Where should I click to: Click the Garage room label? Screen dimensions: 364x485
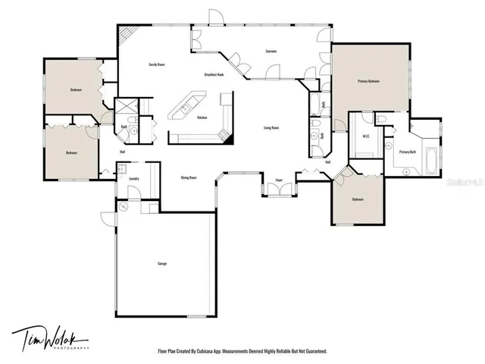pyautogui.click(x=162, y=263)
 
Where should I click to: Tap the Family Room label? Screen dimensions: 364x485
pyautogui.click(x=157, y=65)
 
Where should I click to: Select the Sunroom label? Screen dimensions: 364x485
pyautogui.click(x=271, y=51)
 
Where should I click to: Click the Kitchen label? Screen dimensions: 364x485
pyautogui.click(x=202, y=118)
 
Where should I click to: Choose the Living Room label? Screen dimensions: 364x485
pyautogui.click(x=272, y=127)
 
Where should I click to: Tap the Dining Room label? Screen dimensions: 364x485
pyautogui.click(x=189, y=177)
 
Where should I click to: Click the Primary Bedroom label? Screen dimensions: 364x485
pyautogui.click(x=368, y=81)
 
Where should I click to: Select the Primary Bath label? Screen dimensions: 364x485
pyautogui.click(x=407, y=152)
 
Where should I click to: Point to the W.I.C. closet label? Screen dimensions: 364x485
pyautogui.click(x=365, y=137)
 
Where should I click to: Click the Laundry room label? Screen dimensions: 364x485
pyautogui.click(x=133, y=179)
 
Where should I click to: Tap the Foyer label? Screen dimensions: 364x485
pyautogui.click(x=279, y=180)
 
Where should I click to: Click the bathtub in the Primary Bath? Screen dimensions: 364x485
pyautogui.click(x=432, y=159)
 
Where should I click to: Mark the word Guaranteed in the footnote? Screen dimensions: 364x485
pyautogui.click(x=312, y=351)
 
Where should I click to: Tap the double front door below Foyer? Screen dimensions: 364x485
pyautogui.click(x=278, y=191)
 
